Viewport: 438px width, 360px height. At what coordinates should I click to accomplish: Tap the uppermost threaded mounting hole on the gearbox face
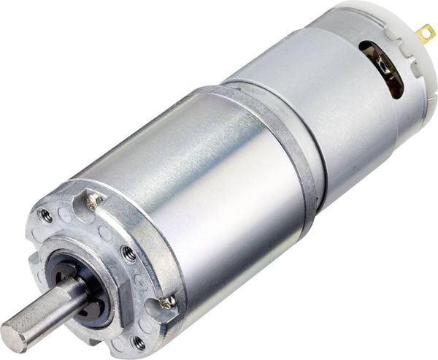coord(46,215)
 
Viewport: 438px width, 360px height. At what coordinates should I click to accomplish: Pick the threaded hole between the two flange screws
coord(128,253)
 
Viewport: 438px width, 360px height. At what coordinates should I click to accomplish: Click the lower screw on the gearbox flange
coord(167,300)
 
